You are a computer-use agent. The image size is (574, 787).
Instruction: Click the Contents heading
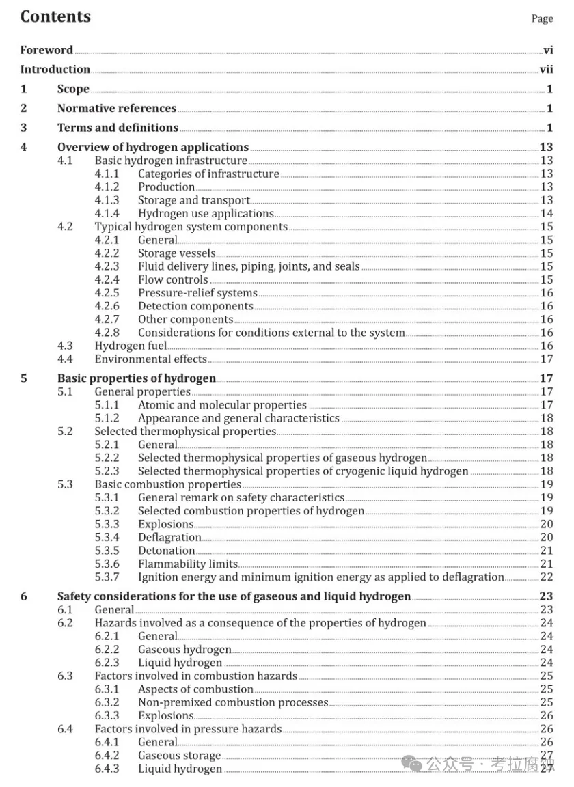click(x=55, y=17)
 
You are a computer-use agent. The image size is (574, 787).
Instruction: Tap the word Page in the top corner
click(x=542, y=19)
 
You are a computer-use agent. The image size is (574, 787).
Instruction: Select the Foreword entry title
click(x=46, y=50)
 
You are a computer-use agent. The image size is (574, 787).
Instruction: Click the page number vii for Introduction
click(x=546, y=70)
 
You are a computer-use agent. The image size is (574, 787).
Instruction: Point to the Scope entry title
click(x=73, y=89)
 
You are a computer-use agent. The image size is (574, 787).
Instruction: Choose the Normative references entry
click(x=117, y=108)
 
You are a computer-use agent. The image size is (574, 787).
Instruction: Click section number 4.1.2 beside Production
click(x=107, y=187)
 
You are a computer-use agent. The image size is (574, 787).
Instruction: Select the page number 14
click(x=547, y=214)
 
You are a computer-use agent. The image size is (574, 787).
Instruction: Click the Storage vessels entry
click(x=176, y=253)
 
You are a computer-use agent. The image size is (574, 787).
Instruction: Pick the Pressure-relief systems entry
click(x=197, y=293)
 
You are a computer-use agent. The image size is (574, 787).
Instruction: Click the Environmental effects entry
click(x=150, y=359)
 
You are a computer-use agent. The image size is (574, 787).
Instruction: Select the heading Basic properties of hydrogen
click(x=136, y=378)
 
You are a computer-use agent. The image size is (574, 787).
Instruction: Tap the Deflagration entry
click(x=169, y=538)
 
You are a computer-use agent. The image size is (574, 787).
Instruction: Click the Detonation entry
click(x=166, y=551)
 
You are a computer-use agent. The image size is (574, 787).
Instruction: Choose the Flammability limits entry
click(x=187, y=564)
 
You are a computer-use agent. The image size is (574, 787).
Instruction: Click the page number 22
click(x=547, y=577)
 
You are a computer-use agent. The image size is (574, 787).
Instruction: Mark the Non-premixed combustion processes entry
click(x=233, y=702)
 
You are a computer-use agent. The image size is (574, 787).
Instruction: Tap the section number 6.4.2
click(x=107, y=756)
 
